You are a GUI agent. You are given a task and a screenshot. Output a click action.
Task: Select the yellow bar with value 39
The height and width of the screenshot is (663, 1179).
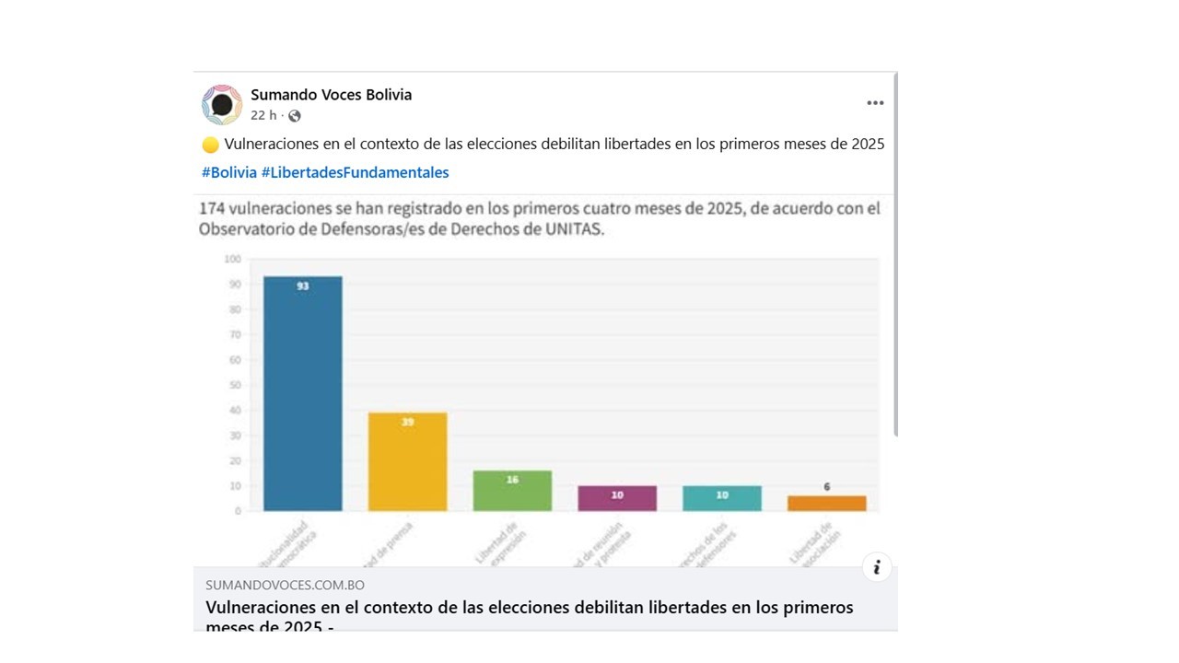407,461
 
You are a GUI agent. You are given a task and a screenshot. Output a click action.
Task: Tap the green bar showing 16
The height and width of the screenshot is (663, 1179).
512,491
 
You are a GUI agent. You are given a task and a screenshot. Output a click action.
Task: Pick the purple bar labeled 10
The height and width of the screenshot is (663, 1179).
617,498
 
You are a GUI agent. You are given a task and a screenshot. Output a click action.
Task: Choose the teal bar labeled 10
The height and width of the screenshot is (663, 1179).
722,498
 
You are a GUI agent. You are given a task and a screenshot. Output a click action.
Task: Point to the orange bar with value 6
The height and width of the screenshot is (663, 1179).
826,503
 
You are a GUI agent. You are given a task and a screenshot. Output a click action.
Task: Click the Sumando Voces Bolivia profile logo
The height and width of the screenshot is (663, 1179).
222,104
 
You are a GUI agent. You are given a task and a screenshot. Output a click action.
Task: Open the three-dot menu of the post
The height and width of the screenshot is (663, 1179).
875,103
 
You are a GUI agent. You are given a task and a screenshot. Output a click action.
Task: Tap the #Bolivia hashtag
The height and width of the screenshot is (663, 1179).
229,172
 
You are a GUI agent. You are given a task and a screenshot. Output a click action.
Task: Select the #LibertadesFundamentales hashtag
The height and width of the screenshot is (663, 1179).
356,172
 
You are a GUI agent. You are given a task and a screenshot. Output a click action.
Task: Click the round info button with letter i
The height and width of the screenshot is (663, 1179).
877,567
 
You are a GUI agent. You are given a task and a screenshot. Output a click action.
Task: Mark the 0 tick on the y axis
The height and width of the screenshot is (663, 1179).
238,511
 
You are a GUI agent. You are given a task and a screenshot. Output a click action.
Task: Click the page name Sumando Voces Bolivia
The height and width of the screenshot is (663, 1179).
331,95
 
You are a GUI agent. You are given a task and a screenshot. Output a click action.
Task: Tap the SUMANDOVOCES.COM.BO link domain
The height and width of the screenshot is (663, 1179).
285,585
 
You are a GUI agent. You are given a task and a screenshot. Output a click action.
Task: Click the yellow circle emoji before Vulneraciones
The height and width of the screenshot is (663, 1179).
210,145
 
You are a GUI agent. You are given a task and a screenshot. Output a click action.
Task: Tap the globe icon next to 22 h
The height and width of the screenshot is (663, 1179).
294,116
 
